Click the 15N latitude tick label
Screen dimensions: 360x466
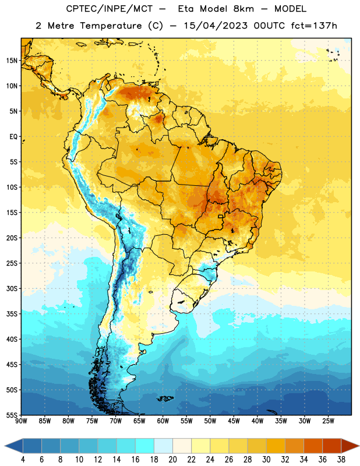12,61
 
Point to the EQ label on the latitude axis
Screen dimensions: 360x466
13,137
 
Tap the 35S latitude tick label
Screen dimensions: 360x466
12,314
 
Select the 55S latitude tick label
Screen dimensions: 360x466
12,415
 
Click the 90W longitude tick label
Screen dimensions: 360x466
21,421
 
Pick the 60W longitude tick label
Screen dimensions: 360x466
163,421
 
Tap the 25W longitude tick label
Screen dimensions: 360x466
328,421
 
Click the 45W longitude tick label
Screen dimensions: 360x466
234,421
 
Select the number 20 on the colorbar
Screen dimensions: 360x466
172,460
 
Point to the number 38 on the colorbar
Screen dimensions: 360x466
341,460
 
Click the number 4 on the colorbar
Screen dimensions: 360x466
23,460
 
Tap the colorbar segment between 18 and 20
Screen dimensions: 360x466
163,446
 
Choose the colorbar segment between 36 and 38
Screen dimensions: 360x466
332,446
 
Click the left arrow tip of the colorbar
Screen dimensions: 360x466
5,446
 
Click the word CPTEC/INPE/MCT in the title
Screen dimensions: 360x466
109,9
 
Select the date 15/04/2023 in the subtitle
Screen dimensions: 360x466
215,26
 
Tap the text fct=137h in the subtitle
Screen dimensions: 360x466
314,26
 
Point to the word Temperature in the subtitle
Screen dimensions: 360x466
111,26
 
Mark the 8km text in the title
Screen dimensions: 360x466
243,9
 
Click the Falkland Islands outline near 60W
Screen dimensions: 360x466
165,398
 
